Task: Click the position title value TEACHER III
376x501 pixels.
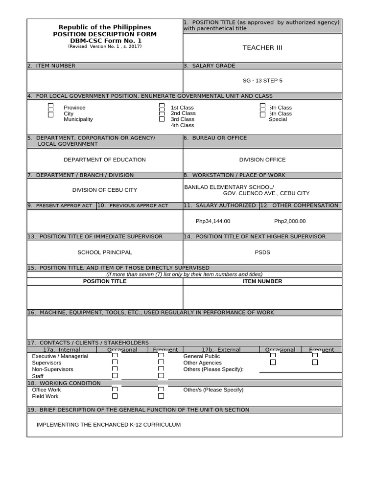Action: (x=262, y=47)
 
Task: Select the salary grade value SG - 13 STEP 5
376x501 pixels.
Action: (x=262, y=80)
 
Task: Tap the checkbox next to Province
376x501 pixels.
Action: (x=50, y=106)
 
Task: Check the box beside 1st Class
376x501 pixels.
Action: (x=162, y=106)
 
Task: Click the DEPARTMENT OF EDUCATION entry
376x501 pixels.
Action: (x=105, y=159)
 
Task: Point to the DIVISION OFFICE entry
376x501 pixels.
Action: (x=262, y=159)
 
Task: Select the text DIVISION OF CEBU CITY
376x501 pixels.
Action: (x=105, y=190)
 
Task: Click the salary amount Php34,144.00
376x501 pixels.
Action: (x=213, y=221)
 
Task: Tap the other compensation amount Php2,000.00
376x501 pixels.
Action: (x=290, y=221)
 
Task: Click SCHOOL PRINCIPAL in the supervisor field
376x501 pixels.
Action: (x=105, y=252)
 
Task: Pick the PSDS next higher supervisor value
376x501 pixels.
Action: (x=262, y=252)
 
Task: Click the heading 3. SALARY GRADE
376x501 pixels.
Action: (x=210, y=66)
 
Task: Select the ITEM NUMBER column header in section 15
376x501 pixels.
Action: (x=262, y=281)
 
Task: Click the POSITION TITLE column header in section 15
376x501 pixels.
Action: (x=105, y=281)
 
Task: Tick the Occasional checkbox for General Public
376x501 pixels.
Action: (x=273, y=356)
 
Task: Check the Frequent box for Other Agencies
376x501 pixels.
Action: (x=315, y=363)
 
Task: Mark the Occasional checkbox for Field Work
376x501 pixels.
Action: (x=115, y=396)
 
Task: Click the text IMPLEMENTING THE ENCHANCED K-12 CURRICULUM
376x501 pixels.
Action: (x=109, y=425)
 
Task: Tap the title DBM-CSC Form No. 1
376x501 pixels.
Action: (x=105, y=41)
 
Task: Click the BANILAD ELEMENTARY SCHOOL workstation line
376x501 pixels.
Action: (x=229, y=187)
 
